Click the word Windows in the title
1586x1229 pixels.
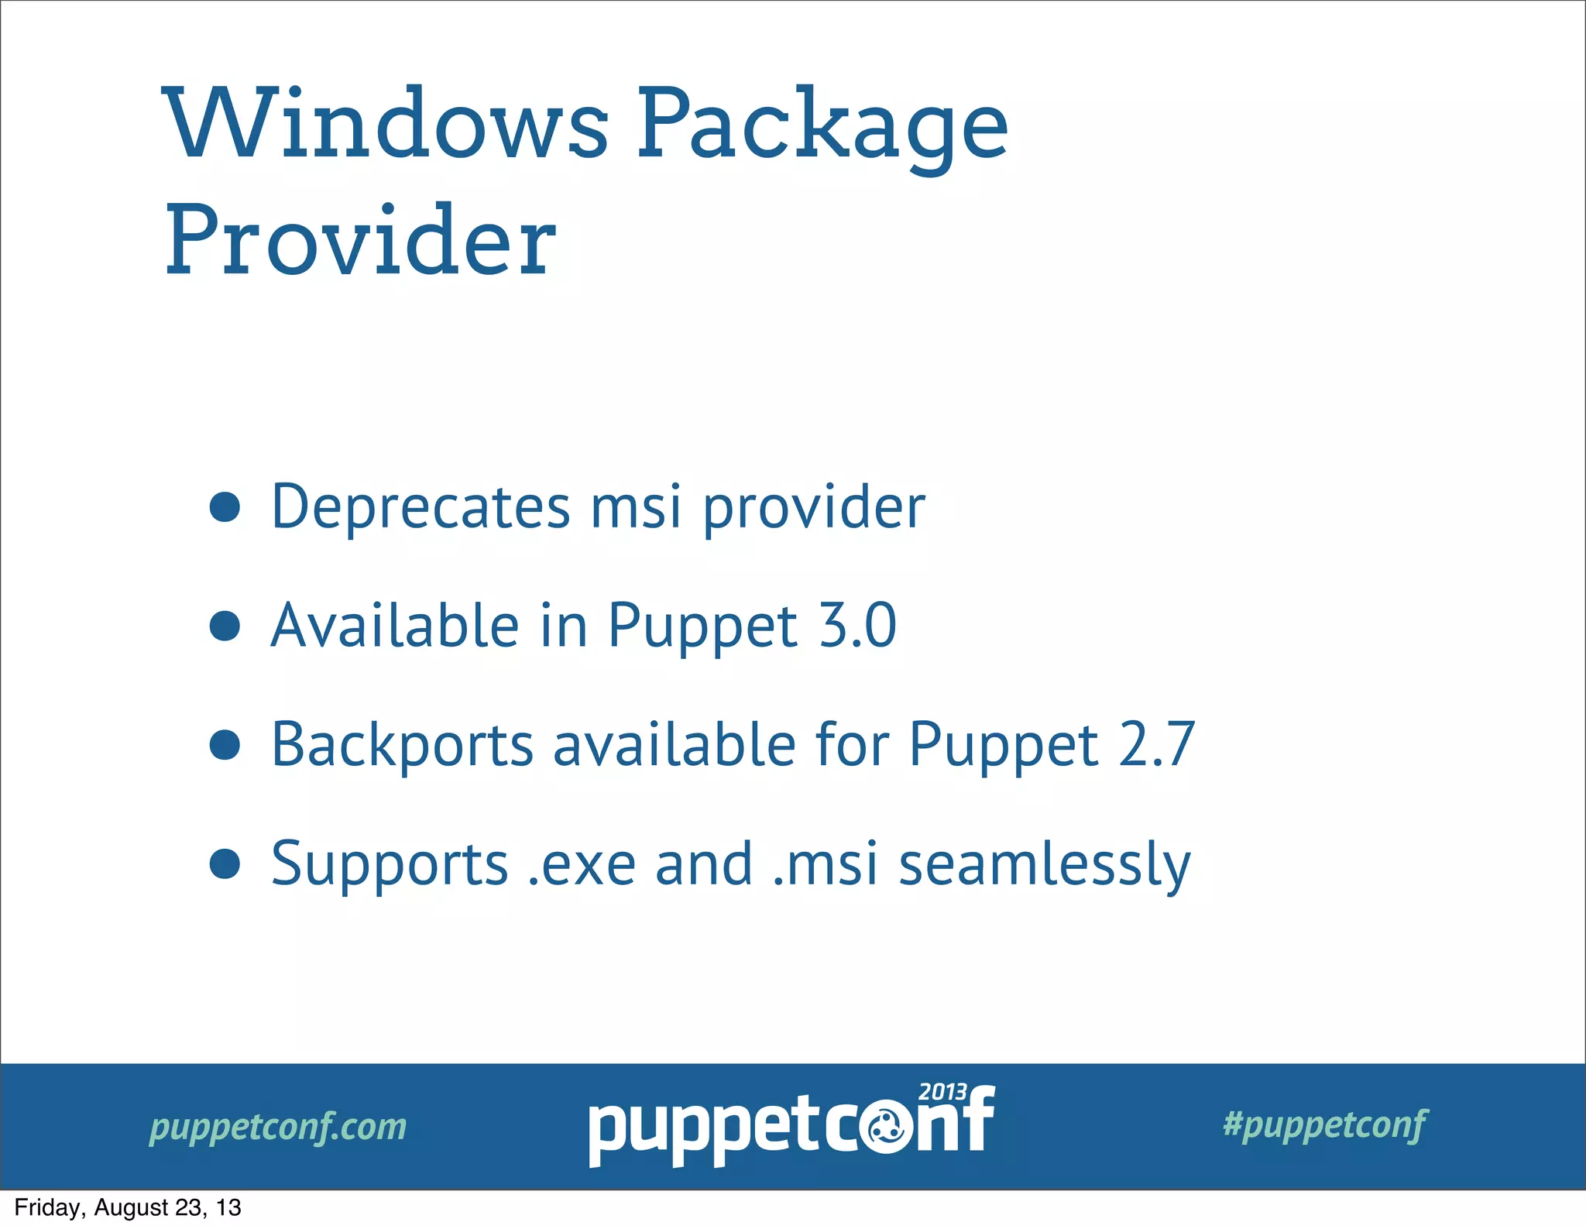click(x=387, y=124)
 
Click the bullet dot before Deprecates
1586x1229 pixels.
click(x=225, y=507)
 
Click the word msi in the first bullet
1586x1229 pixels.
click(x=636, y=507)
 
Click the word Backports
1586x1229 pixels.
click(x=402, y=745)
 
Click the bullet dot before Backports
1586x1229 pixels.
click(x=225, y=745)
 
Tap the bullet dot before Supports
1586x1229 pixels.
click(x=225, y=864)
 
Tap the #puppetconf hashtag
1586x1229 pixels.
click(x=1324, y=1124)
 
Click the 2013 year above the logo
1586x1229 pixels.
click(x=942, y=1092)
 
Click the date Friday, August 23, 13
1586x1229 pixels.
click(x=128, y=1208)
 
